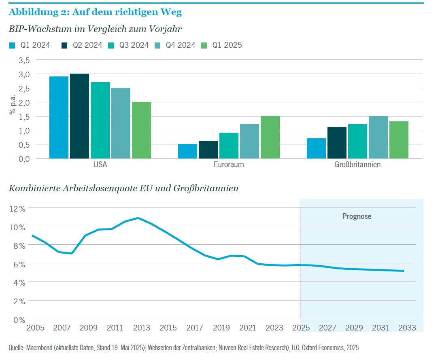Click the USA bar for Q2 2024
tap(79, 116)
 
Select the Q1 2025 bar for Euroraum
tap(270, 137)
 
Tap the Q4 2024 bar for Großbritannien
tap(378, 137)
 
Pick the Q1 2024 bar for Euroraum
tap(187, 151)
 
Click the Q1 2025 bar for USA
tap(141, 130)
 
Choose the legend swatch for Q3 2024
tap(111, 45)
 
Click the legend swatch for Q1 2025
tap(204, 45)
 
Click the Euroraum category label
tap(229, 165)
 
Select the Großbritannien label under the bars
tap(357, 165)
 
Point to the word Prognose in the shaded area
tap(357, 216)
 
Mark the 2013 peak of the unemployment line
tap(138, 218)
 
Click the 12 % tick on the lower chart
tap(17, 208)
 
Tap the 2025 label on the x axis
tap(300, 328)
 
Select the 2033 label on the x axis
tap(407, 328)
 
